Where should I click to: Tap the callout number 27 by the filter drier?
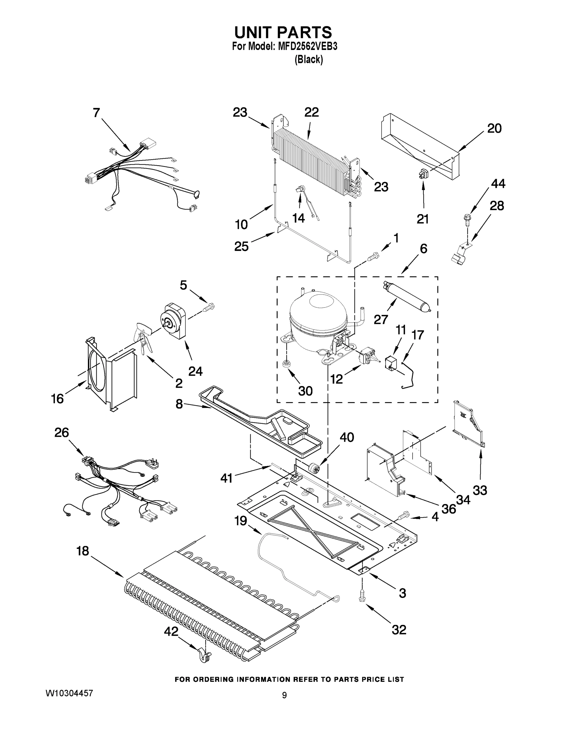381,319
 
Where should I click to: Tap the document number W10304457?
69,693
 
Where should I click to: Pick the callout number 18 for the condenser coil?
83,551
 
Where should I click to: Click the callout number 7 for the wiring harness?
96,113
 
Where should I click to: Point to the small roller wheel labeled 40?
313,468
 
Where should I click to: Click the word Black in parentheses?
309,60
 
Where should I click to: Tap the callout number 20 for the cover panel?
494,128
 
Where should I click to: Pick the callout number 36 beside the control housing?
449,509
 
